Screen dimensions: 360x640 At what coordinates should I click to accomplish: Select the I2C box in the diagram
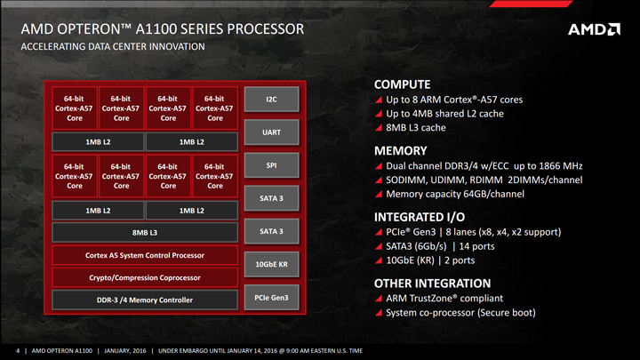(272, 99)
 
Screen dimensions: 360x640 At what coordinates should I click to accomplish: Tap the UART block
(272, 132)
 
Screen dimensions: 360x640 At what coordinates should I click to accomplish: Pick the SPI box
(272, 164)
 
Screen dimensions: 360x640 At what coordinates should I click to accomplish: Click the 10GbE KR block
(272, 264)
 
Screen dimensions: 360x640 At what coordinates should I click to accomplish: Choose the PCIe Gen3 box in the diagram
(272, 296)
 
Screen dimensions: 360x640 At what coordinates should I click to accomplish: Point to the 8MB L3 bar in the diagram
(145, 232)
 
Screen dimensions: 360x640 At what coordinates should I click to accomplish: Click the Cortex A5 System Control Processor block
(145, 255)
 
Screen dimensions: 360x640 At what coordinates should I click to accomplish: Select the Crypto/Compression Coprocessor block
(145, 277)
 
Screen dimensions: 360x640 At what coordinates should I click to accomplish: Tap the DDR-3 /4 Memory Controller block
(145, 300)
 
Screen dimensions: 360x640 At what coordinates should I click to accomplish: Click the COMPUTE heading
(403, 84)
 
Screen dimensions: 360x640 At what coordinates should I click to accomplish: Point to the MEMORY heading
(402, 150)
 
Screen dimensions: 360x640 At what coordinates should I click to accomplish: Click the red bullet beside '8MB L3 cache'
(380, 128)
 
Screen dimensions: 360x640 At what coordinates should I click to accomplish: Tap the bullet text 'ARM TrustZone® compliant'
(446, 299)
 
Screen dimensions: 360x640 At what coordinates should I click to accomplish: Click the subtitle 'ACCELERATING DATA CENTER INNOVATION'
(112, 47)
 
